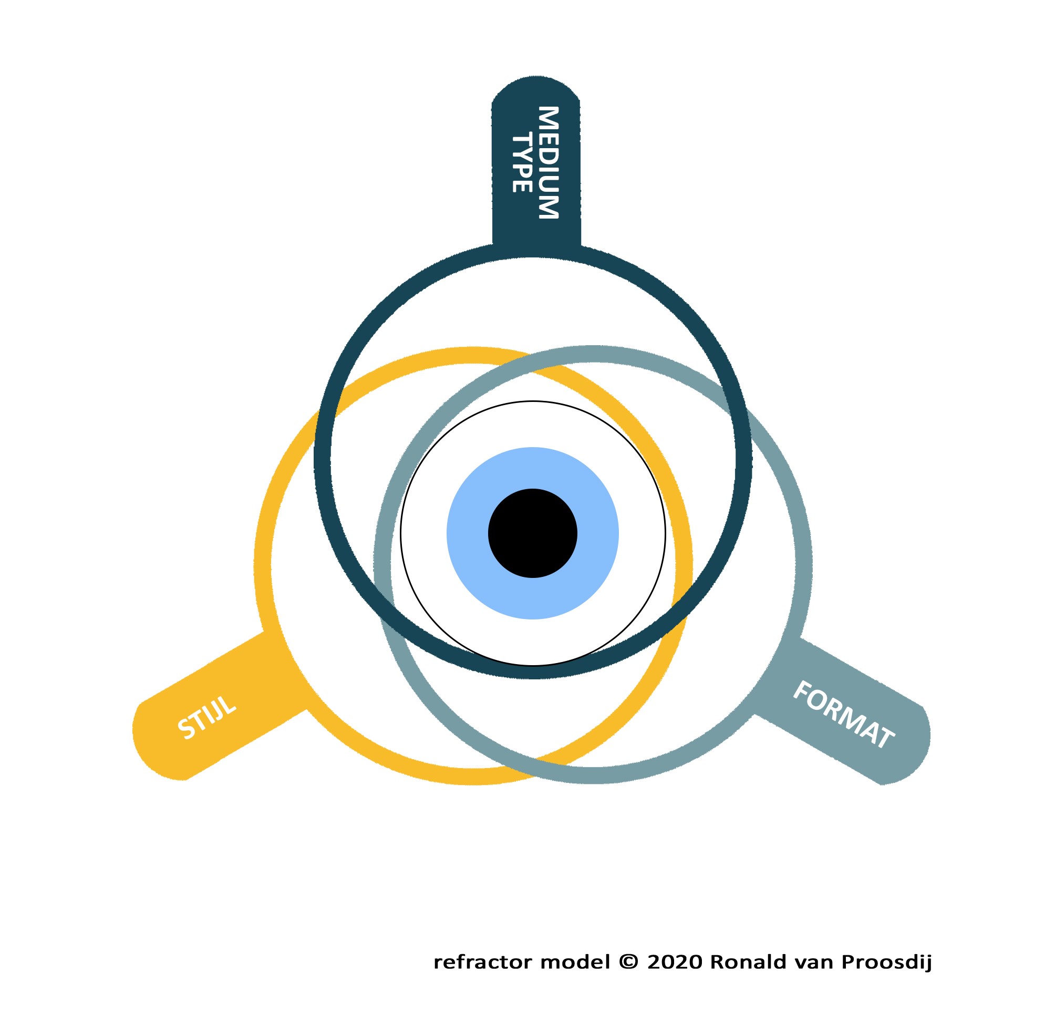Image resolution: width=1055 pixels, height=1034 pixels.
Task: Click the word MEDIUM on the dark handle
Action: [548, 162]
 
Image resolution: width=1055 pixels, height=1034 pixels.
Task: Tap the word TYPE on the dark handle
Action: [522, 163]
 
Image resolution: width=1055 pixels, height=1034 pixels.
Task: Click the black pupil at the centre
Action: [533, 533]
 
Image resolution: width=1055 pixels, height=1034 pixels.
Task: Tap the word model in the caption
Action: [575, 963]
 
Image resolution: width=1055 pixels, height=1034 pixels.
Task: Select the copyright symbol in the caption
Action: [629, 962]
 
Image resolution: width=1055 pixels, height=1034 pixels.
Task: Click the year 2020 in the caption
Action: [675, 963]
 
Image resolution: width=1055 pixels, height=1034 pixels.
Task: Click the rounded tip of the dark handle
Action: [535, 87]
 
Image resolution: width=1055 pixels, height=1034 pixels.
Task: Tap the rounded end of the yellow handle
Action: [155, 747]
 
